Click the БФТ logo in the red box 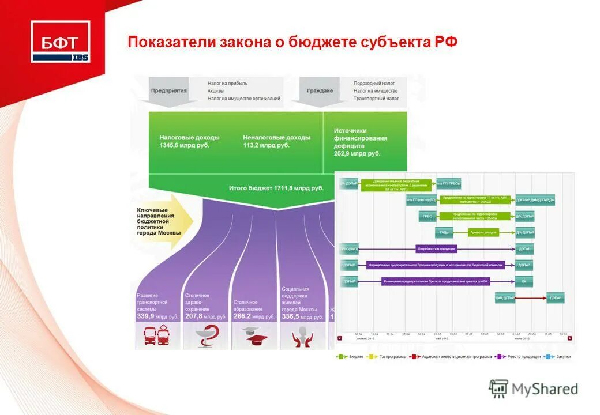tap(61, 41)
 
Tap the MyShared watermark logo tap(533, 389)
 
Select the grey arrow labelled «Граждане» tap(320, 91)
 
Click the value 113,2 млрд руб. tap(266, 145)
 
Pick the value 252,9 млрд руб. tap(357, 154)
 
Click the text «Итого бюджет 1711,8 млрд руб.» tap(276, 188)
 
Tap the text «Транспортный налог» tap(376, 99)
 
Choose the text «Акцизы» tap(216, 91)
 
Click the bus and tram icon tap(157, 335)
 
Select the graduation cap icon tap(254, 335)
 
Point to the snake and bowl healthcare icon tap(206, 335)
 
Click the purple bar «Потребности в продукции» tap(436, 249)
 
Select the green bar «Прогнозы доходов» tap(483, 233)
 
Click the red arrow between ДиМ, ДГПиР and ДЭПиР tap(531, 298)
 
